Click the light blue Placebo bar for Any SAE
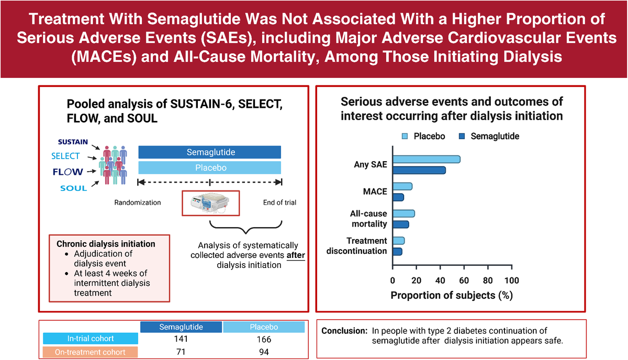tap(427, 159)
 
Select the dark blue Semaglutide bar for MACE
tap(398, 197)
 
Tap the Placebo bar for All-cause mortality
tap(403, 213)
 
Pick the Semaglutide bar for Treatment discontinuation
tap(397, 252)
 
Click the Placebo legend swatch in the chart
tap(405, 136)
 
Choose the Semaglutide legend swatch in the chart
tap(462, 136)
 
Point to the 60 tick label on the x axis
tap(464, 280)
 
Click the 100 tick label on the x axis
tap(512, 280)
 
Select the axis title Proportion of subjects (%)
tap(452, 296)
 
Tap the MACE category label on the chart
tap(375, 192)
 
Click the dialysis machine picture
tap(210, 203)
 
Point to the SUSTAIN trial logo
tap(73, 142)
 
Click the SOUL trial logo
tap(74, 188)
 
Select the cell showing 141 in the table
tap(181, 339)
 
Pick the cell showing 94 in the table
tap(264, 352)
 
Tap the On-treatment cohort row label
tap(90, 352)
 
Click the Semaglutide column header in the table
tap(181, 327)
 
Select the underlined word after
tap(296, 255)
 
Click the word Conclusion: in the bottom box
tap(344, 331)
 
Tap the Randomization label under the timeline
tap(137, 203)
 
